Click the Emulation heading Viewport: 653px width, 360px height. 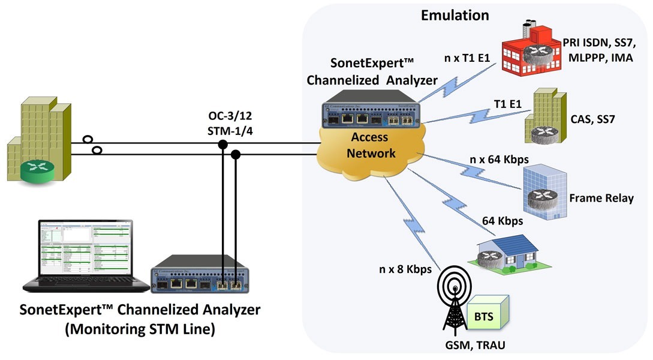(x=455, y=15)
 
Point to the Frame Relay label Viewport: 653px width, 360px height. (x=601, y=199)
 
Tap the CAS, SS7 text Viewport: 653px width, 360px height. (x=594, y=121)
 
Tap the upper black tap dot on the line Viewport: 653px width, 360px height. (x=222, y=144)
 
